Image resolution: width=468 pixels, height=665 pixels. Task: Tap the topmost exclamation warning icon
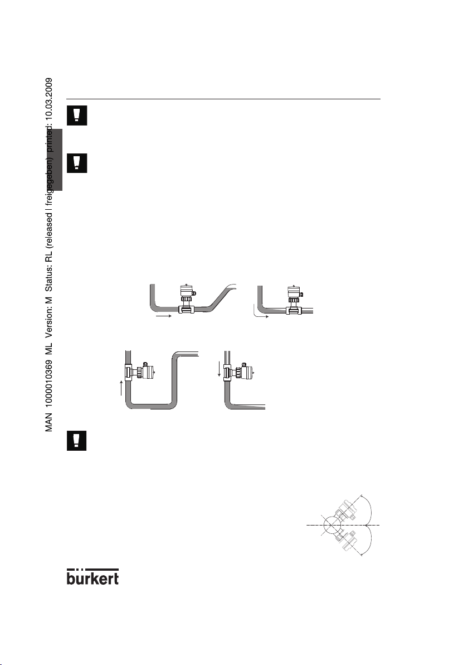[74, 114]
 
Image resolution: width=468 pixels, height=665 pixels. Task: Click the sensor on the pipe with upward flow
[141, 371]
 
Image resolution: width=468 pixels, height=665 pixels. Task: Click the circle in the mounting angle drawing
[333, 526]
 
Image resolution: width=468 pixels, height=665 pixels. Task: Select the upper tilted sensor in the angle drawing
[347, 508]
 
